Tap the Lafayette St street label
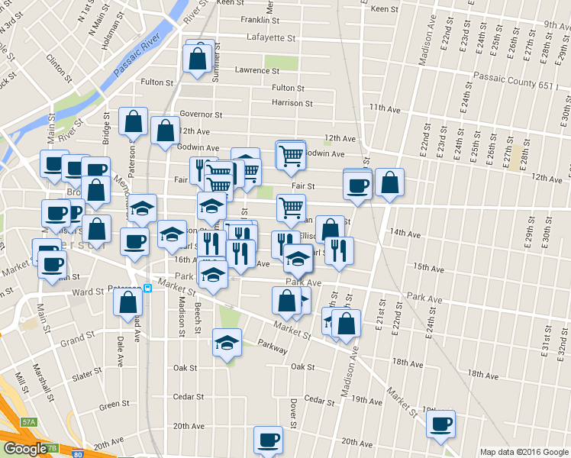(270, 37)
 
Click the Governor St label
(201, 114)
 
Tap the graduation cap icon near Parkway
(227, 343)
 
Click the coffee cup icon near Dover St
(268, 440)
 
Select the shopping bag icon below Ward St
(127, 302)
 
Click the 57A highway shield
(28, 421)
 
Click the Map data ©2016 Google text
(524, 452)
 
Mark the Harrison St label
(292, 102)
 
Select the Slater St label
(86, 374)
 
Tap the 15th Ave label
(428, 268)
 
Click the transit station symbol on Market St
(148, 289)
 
